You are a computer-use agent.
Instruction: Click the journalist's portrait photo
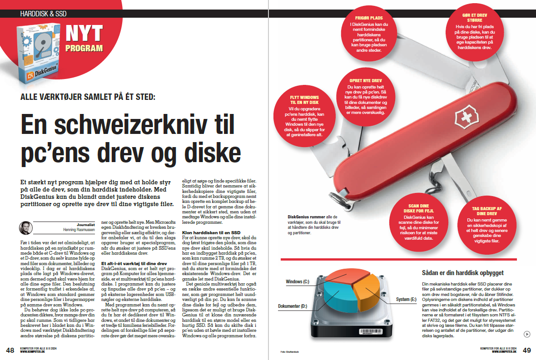pyautogui.click(x=25, y=227)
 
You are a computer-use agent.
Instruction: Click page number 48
pyautogui.click(x=10, y=350)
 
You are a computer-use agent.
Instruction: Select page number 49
pyautogui.click(x=526, y=350)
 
